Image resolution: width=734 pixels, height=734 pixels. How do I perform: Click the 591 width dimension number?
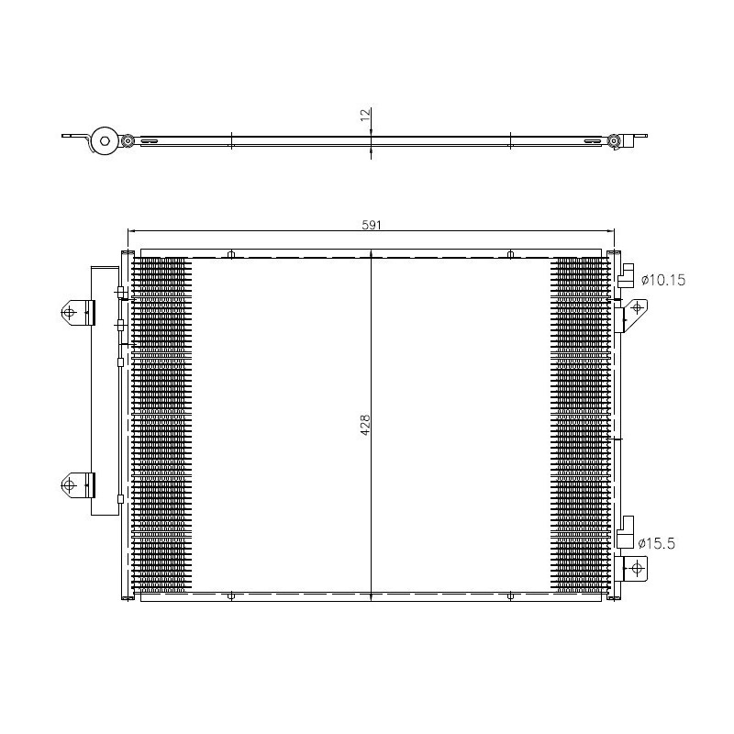tap(370, 223)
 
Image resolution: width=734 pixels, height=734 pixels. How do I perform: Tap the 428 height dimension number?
tap(364, 424)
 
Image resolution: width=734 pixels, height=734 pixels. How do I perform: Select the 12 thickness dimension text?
tap(364, 115)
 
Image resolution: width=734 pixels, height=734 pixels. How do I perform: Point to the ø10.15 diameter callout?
tap(662, 279)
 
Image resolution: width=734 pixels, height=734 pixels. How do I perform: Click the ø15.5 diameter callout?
tap(657, 543)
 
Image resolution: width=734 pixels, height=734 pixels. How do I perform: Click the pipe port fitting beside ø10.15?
tap(627, 276)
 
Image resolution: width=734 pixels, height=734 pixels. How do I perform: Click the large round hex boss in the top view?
tap(106, 141)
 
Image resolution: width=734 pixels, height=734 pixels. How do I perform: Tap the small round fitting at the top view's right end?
tap(613, 141)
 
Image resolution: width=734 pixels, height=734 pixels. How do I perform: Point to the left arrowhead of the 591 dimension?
tap(129, 231)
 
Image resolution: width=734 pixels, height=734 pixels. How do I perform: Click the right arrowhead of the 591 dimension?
tap(610, 231)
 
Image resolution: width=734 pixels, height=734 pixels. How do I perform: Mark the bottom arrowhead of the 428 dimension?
tap(370, 597)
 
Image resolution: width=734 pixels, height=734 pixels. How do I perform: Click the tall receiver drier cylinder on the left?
tap(106, 395)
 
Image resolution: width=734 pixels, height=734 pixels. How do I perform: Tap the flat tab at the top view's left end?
tap(71, 138)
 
